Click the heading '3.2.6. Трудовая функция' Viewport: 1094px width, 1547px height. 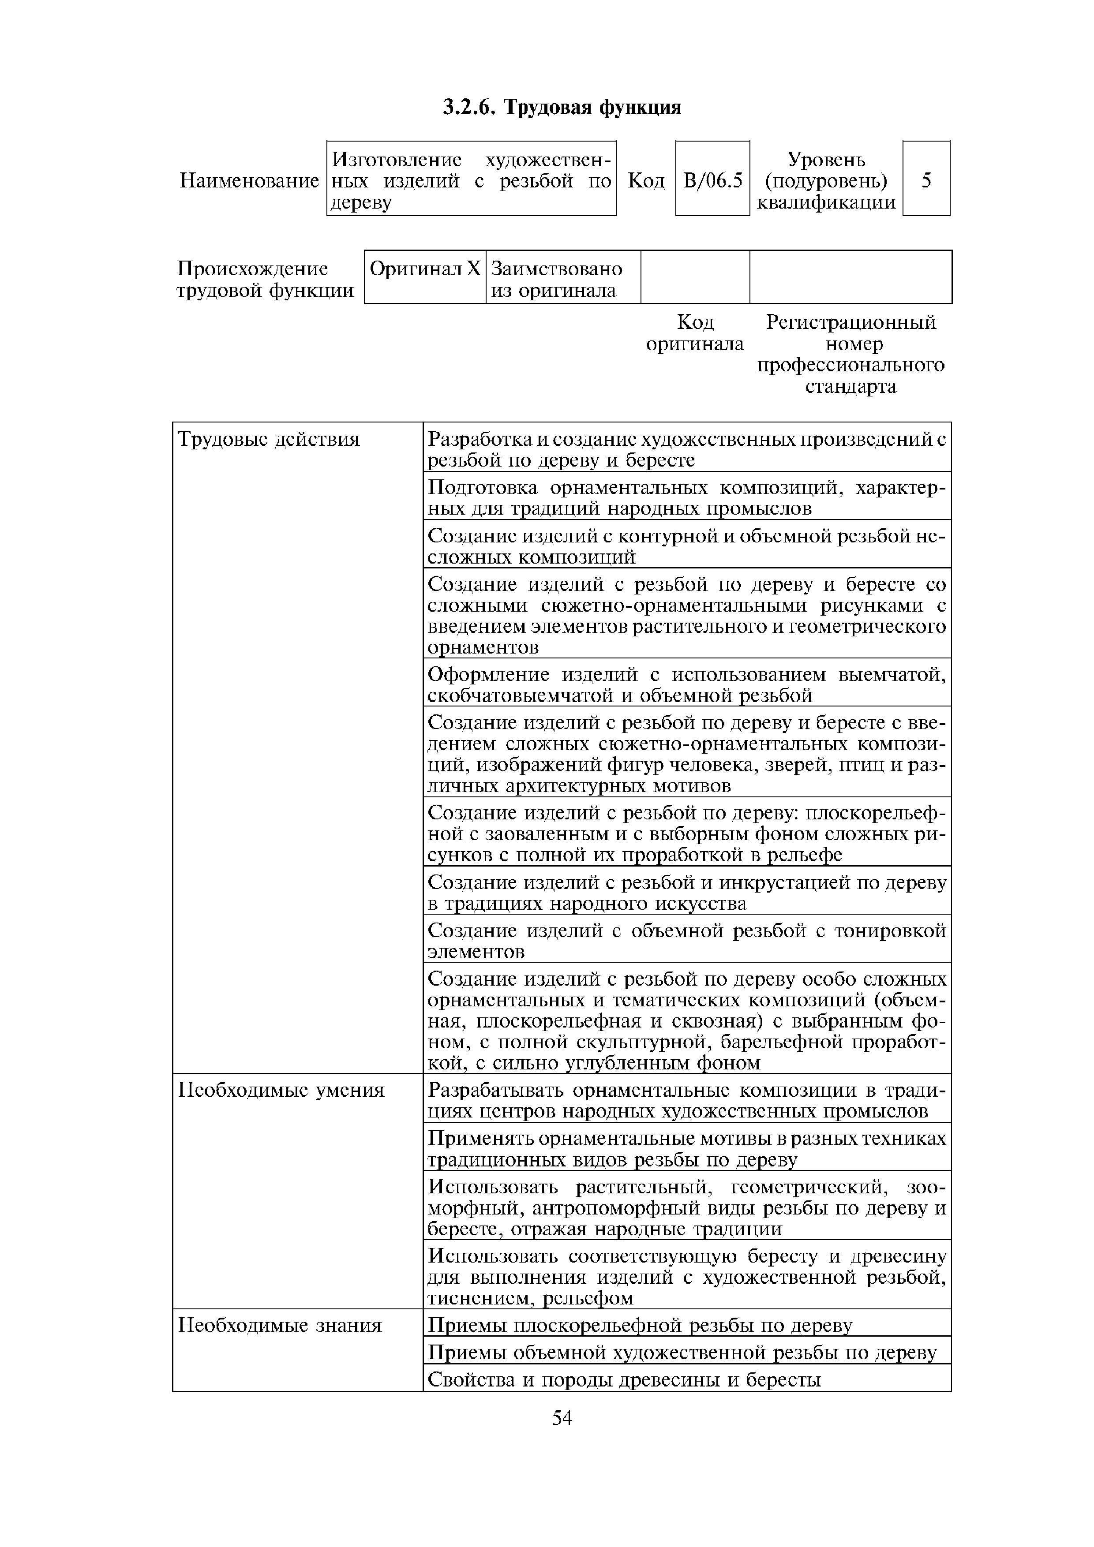click(562, 107)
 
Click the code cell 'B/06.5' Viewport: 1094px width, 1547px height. click(712, 180)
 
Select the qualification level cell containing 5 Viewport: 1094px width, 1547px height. click(926, 180)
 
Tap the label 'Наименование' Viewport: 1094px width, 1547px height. click(249, 180)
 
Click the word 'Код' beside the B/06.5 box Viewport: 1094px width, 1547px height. click(646, 180)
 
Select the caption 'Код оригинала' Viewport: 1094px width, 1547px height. click(694, 333)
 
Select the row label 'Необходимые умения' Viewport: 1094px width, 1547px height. click(281, 1090)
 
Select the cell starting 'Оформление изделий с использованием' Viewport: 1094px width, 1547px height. click(686, 684)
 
